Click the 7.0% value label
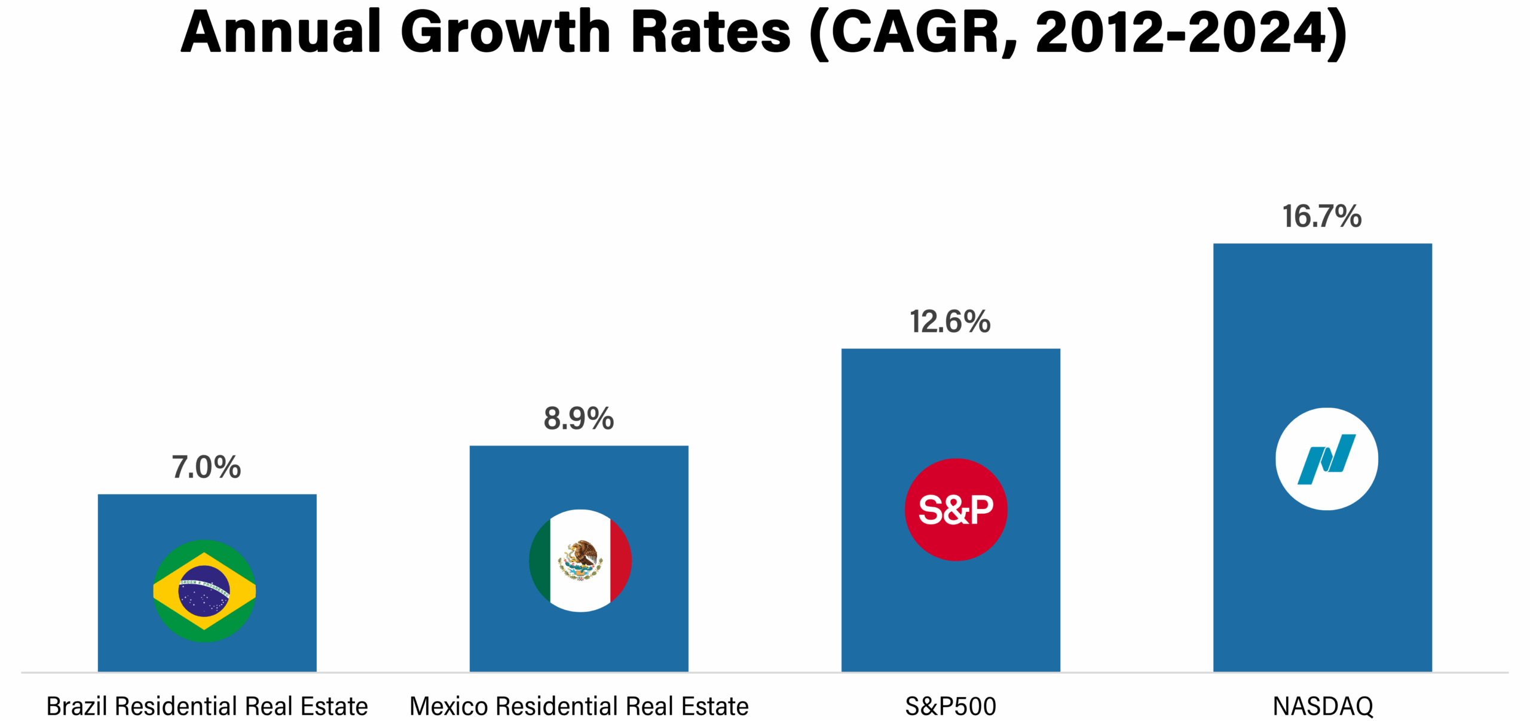pyautogui.click(x=206, y=468)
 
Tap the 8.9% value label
pyautogui.click(x=579, y=419)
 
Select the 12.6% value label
pyautogui.click(x=950, y=323)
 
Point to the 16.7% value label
pyautogui.click(x=1321, y=217)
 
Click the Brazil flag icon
pyautogui.click(x=204, y=591)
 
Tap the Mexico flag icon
pyautogui.click(x=580, y=560)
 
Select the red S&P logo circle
pyautogui.click(x=956, y=510)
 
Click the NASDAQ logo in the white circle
pyautogui.click(x=1326, y=459)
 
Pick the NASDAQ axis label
pyautogui.click(x=1323, y=707)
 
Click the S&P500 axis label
pyautogui.click(x=950, y=707)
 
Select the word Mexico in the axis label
pyautogui.click(x=448, y=707)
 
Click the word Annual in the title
pyautogui.click(x=281, y=32)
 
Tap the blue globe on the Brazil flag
pyautogui.click(x=204, y=591)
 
